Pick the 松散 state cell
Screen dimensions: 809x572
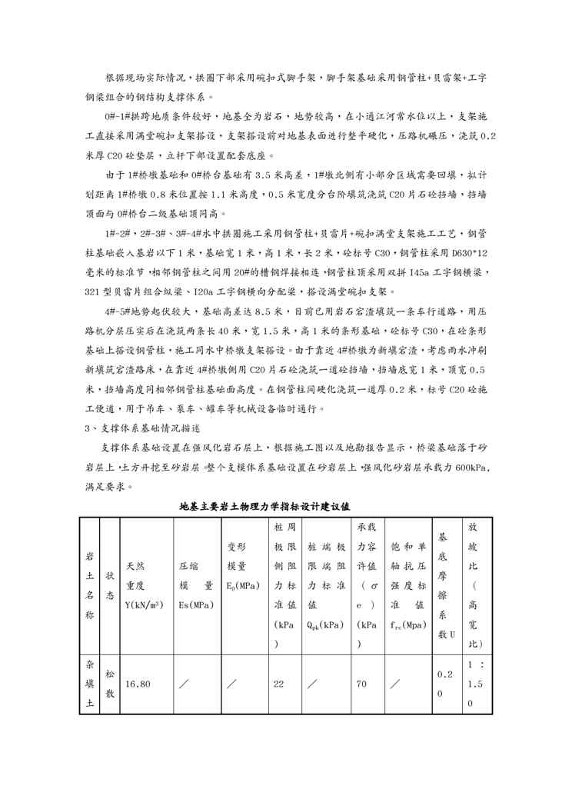[111, 679]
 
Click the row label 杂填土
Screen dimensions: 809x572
[90, 679]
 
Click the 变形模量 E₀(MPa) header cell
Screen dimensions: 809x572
[244, 585]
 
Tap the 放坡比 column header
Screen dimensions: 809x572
[474, 585]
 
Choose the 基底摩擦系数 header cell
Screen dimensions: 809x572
[442, 585]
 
